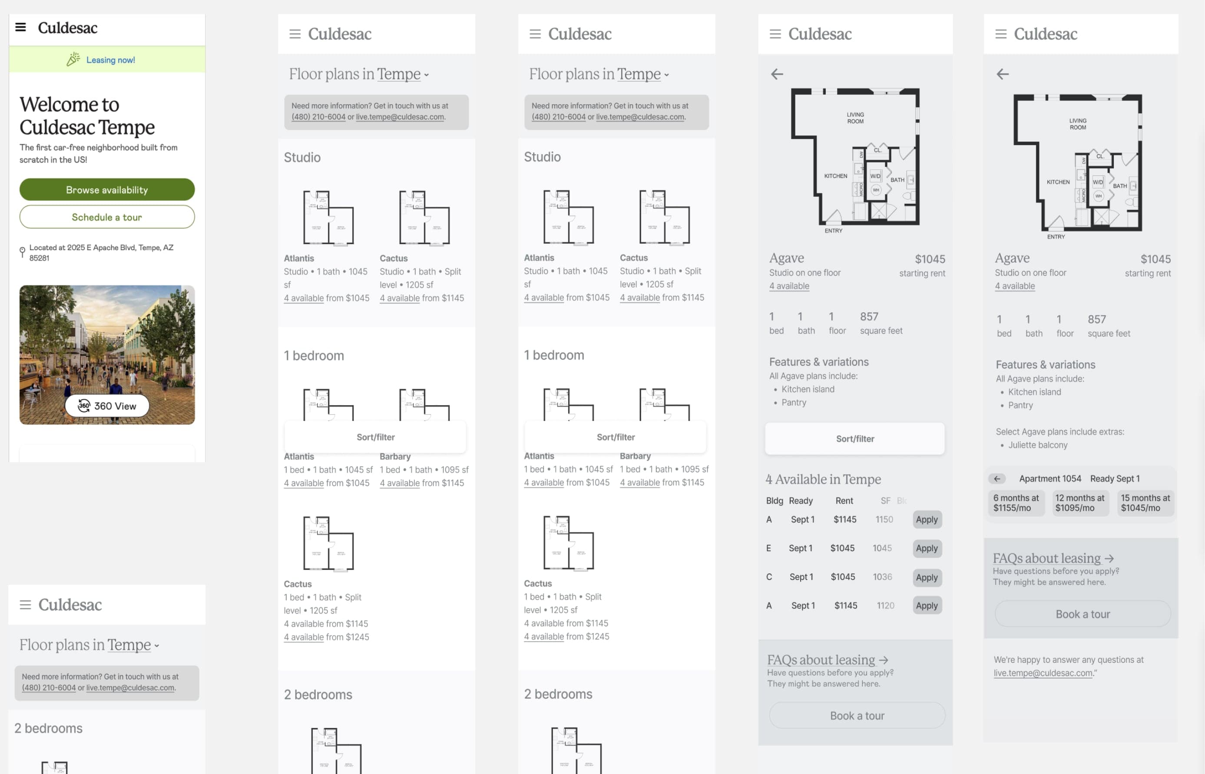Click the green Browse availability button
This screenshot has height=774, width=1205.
(x=107, y=189)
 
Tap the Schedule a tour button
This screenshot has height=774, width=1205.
(x=107, y=217)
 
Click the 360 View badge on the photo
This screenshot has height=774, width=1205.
(x=107, y=406)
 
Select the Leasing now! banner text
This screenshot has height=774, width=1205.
(x=110, y=60)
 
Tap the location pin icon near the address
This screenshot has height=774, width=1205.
(x=22, y=252)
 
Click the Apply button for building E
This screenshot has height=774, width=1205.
(x=926, y=548)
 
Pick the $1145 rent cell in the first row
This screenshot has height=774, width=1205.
(x=845, y=519)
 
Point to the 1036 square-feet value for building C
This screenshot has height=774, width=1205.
(x=882, y=577)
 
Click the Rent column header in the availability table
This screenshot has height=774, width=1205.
(x=844, y=501)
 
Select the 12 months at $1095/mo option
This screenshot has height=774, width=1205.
(x=1079, y=503)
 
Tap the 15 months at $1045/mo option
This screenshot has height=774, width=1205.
(x=1145, y=503)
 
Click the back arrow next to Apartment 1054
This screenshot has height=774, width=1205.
(x=997, y=479)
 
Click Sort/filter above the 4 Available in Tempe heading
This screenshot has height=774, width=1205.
(x=854, y=439)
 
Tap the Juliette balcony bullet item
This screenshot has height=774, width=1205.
(x=1037, y=445)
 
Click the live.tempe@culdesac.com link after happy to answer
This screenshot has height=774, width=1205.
(x=1043, y=673)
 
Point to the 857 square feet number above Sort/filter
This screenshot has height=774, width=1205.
(x=869, y=317)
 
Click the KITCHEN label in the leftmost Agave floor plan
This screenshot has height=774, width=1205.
(x=835, y=176)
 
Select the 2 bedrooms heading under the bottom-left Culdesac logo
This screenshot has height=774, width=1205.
(x=48, y=728)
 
